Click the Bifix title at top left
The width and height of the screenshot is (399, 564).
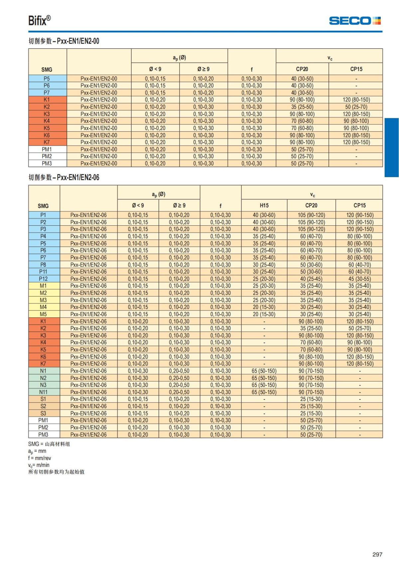coord(39,21)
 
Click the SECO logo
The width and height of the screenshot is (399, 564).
coord(354,21)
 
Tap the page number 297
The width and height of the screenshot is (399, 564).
coord(377,554)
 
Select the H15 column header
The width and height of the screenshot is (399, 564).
coord(264,205)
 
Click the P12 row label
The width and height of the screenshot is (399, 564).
coord(43,279)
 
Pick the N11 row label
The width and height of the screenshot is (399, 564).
coord(43,392)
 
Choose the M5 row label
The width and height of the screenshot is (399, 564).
coord(43,314)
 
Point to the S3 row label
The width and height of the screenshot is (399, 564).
coord(43,413)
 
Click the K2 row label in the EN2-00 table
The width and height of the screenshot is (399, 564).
coord(47,107)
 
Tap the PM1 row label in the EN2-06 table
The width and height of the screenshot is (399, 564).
coord(43,420)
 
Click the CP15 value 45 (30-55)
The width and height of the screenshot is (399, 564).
coord(360,279)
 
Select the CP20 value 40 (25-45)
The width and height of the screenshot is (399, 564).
coord(311,279)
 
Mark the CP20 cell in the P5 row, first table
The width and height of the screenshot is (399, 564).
coord(302,79)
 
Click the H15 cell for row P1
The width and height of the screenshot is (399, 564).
coord(264,215)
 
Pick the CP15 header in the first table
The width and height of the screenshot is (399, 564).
coord(356,69)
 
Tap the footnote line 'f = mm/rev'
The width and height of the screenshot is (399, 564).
coord(40,458)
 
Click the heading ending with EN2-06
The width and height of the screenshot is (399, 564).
coord(64,177)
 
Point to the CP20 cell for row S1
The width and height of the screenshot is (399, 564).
coord(311,399)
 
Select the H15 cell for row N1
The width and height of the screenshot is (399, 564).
coord(264,371)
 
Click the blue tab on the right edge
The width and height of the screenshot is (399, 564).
coord(392,148)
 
